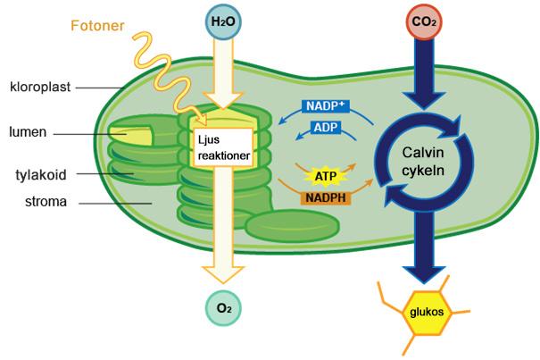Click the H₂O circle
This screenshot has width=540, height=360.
coord(223,21)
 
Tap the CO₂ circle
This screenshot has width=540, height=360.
coord(424,21)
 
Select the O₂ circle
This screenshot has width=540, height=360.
coord(223,308)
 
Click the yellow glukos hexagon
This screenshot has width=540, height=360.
coord(427,313)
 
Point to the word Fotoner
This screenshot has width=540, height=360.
coord(97,26)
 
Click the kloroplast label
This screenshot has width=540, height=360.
coord(40,87)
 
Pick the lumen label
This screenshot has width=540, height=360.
coord(28,132)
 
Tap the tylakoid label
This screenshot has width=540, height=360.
coord(41,175)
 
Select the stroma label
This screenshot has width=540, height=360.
coord(46,202)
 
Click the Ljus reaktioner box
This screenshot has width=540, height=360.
coord(223,147)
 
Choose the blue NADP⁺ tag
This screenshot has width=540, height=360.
coord(326,106)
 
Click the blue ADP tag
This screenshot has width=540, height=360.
coord(326,128)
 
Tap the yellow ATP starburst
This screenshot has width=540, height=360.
coord(326,177)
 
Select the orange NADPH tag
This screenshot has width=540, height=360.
coord(326,198)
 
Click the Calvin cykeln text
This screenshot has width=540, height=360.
coord(423,162)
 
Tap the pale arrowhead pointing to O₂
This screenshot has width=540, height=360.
coord(223,274)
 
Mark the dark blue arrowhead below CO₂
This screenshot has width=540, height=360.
coord(424,101)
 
